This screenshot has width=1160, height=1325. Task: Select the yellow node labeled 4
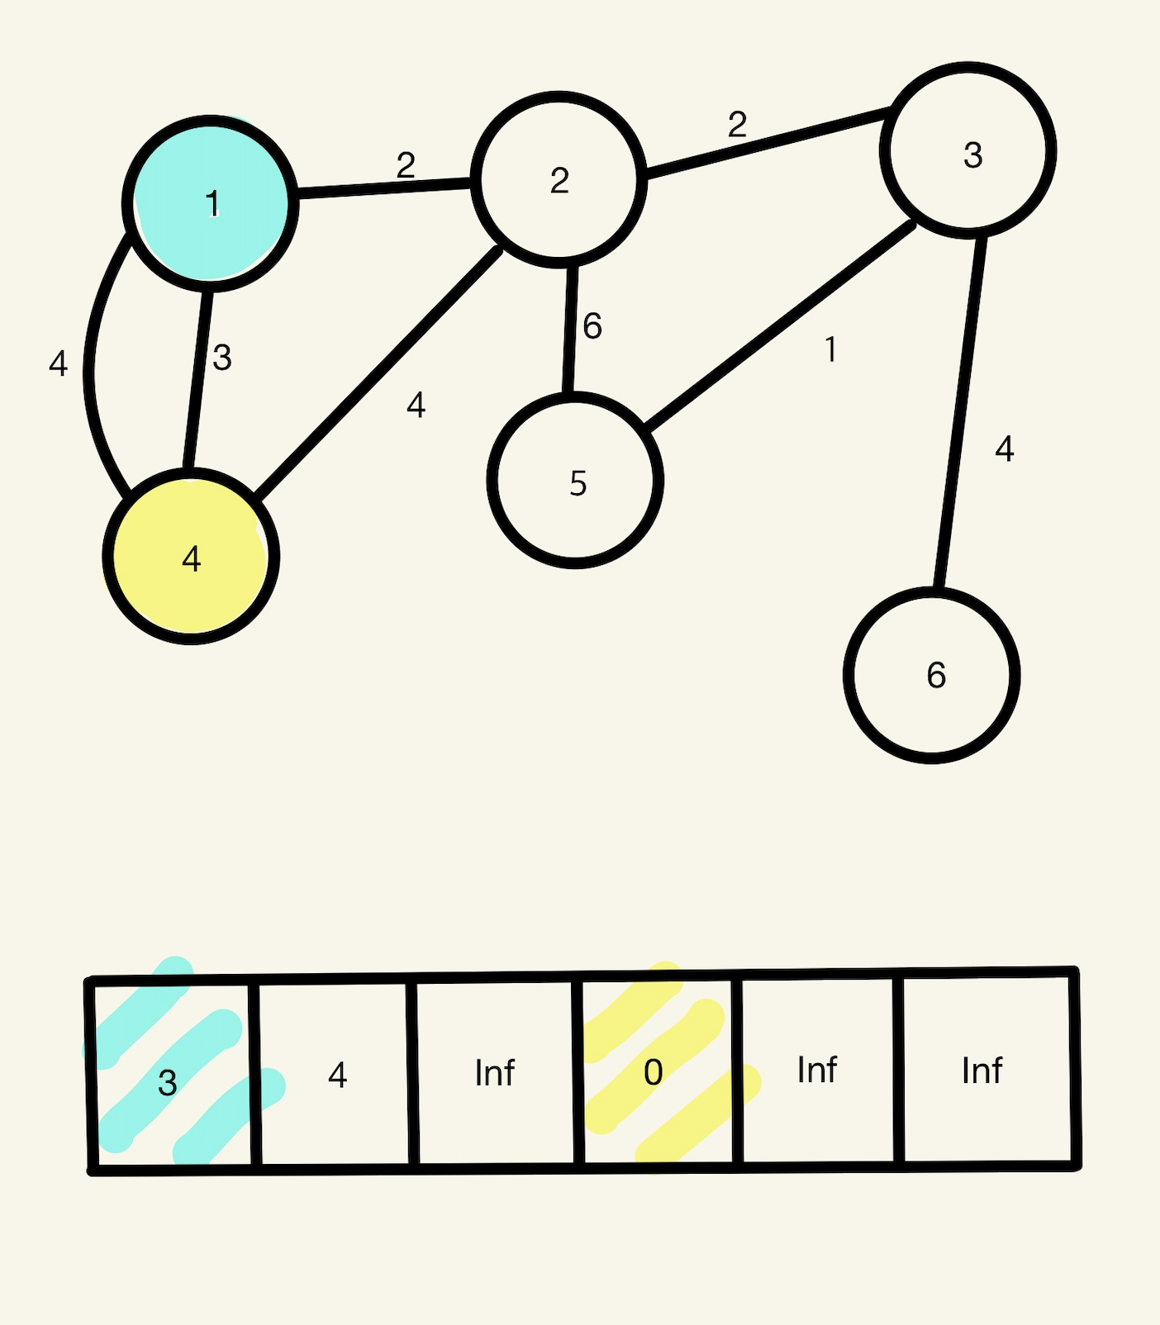(191, 556)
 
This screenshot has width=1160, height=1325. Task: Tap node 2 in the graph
(559, 180)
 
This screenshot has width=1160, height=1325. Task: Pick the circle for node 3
(967, 151)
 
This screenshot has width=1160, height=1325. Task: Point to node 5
(575, 481)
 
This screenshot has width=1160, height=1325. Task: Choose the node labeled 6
(931, 675)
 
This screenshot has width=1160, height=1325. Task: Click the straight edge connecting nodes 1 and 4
(199, 380)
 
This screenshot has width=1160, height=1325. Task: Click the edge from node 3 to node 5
(781, 325)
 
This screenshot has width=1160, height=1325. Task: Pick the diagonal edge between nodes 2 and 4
(378, 373)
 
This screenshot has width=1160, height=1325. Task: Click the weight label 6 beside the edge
(592, 326)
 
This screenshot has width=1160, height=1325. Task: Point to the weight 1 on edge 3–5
(830, 350)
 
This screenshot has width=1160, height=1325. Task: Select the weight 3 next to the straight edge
(221, 358)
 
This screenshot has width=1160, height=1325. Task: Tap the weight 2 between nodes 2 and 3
(737, 126)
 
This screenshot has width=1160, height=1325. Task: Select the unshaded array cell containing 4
(335, 1073)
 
